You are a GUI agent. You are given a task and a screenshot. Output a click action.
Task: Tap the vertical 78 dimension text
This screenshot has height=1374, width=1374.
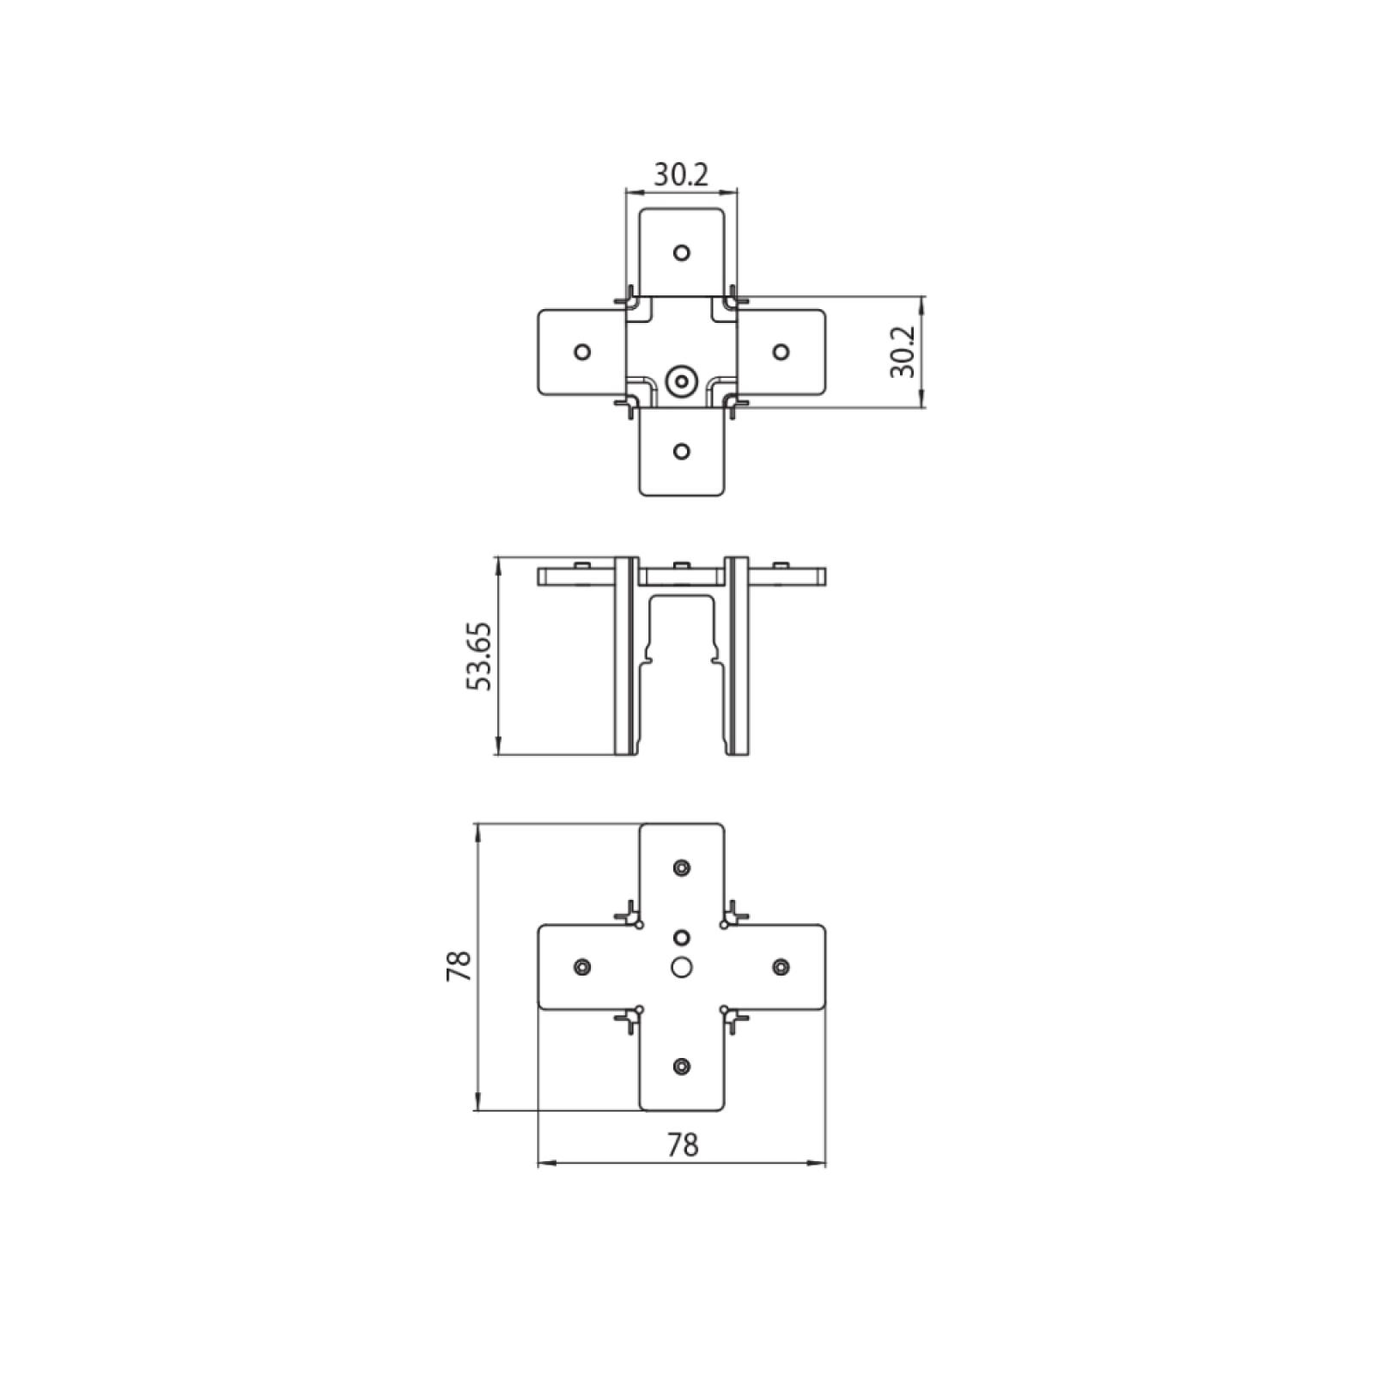tap(459, 966)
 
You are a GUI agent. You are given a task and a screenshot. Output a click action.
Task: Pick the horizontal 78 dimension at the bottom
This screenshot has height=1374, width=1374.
tap(682, 1144)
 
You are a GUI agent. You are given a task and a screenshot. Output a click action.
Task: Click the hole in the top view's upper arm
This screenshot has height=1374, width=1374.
tap(682, 252)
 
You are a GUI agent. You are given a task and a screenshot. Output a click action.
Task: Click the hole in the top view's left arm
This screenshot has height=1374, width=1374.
tap(582, 352)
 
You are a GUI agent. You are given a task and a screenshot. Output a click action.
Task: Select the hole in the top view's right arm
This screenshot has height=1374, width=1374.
tap(781, 352)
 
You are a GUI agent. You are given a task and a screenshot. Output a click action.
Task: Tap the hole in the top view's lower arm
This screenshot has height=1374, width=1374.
tap(682, 452)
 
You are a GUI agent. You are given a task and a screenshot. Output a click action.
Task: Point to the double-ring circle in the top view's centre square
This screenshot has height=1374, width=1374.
tap(682, 380)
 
